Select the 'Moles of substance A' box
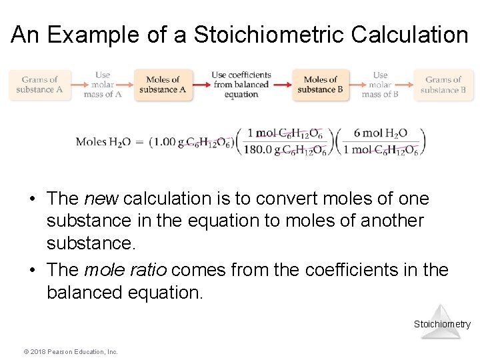pos(163,85)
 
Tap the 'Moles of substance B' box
pos(321,85)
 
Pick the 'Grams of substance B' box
pos(443,85)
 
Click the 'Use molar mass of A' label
pos(103,85)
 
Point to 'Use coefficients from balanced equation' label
pos(241,85)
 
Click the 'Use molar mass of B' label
pos(380,85)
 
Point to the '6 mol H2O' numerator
pos(381,133)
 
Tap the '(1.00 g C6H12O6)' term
pos(192,142)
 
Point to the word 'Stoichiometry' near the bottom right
pos(442,325)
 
